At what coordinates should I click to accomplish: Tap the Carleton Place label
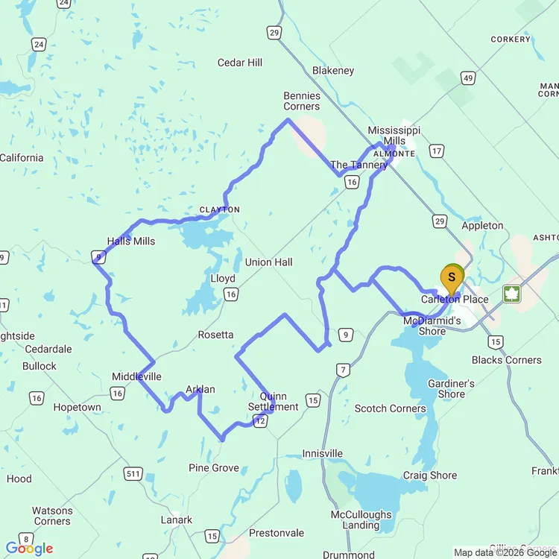[455, 300]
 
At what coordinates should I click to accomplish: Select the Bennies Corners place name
[302, 101]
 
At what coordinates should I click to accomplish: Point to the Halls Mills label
[131, 241]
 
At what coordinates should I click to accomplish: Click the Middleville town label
[136, 376]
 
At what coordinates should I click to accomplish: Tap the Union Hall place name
[268, 262]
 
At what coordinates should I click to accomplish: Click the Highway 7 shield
[342, 370]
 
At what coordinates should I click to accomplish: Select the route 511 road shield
[134, 473]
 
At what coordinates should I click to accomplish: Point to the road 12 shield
[260, 422]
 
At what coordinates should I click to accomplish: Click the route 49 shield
[467, 78]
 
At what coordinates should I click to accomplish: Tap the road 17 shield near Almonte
[437, 151]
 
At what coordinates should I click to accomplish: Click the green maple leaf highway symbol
[512, 293]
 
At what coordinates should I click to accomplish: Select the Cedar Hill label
[240, 63]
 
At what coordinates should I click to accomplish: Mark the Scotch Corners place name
[391, 408]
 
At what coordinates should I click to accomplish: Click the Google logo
[29, 549]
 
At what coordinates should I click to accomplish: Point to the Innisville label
[323, 454]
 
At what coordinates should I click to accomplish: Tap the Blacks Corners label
[507, 360]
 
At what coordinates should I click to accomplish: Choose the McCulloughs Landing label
[361, 519]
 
